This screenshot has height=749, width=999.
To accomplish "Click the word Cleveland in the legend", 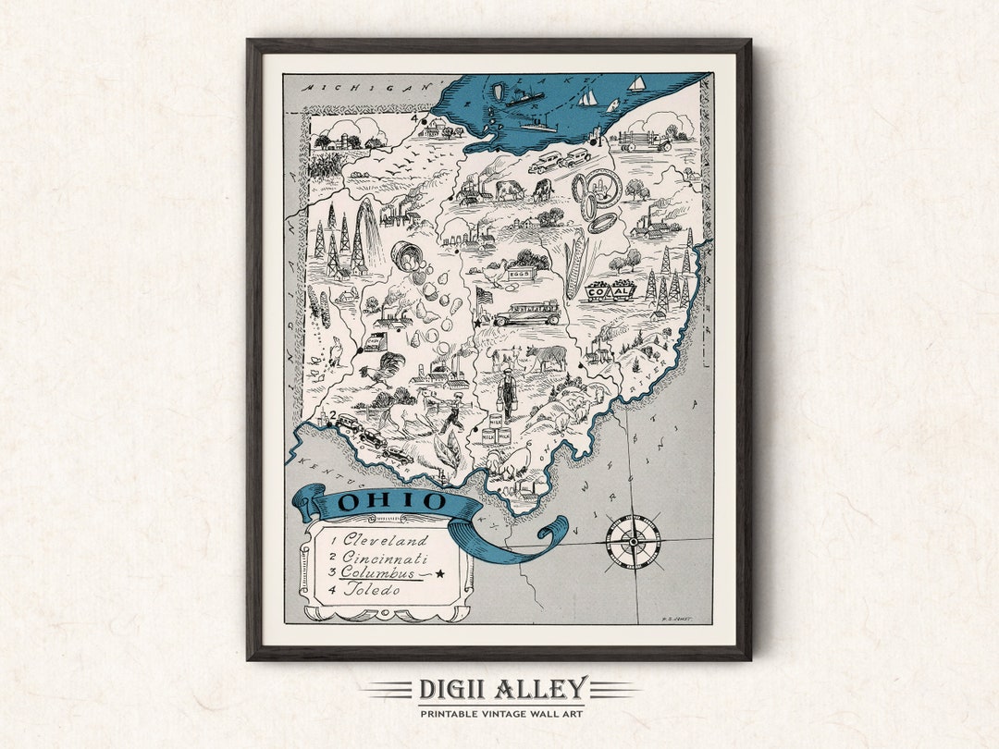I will [386, 539].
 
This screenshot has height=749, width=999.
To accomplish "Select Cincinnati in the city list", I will [385, 557].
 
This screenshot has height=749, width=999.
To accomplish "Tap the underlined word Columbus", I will [378, 573].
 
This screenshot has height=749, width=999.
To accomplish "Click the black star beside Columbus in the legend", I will [439, 573].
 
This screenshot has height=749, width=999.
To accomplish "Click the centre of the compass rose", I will [633, 541].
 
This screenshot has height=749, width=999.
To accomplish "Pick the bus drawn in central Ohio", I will [527, 313].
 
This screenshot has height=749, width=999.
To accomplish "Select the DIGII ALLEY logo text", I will [502, 690].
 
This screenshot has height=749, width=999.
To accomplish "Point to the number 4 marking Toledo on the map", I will [418, 117].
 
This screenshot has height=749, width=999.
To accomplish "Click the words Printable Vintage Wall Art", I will [500, 714].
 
